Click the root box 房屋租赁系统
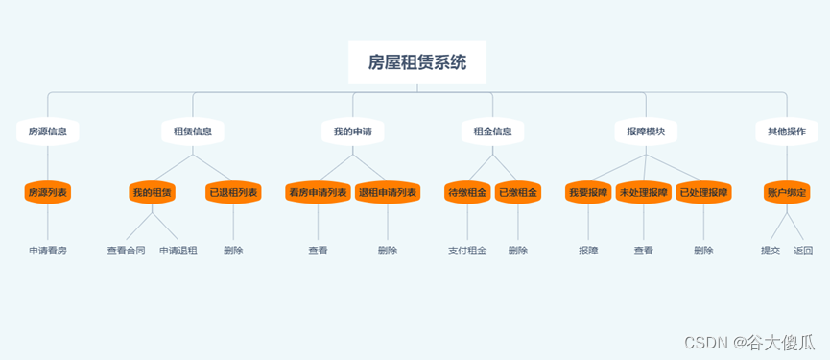[417, 62]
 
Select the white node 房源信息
[47, 131]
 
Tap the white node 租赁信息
[193, 131]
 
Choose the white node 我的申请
[352, 131]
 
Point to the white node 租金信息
[492, 131]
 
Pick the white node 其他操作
[786, 131]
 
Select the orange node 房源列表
[47, 193]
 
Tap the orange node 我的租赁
[153, 193]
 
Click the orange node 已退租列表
[233, 193]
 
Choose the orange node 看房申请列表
[318, 193]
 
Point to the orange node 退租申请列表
[388, 193]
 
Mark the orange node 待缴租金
[467, 193]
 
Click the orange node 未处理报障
[644, 193]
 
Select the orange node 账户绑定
[786, 193]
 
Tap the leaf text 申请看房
[47, 251]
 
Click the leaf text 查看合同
[126, 251]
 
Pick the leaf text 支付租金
[467, 251]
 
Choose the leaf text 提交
[771, 251]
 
